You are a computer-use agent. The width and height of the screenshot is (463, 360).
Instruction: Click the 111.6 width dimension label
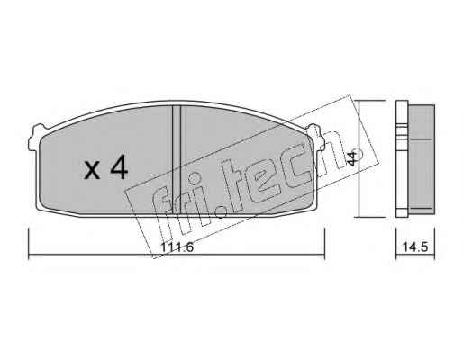(177, 247)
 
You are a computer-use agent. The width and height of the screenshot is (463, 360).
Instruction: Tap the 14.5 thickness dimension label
(415, 247)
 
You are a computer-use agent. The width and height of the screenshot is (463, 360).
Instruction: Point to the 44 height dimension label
(351, 158)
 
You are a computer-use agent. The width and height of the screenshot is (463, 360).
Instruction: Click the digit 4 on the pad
(119, 168)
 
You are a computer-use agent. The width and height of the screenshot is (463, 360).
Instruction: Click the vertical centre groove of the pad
(177, 160)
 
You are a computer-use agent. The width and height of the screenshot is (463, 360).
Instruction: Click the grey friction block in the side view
(422, 159)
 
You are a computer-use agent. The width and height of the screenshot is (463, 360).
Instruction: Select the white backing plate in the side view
(402, 158)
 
